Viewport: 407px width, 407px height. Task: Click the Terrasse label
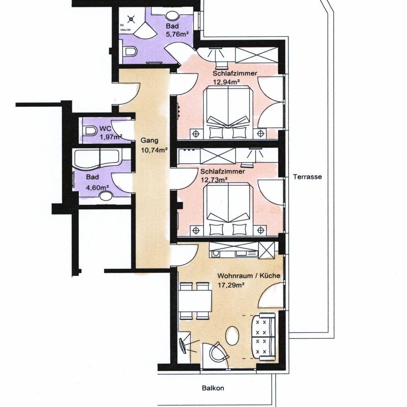[307, 177]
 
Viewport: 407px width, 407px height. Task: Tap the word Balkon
[213, 388]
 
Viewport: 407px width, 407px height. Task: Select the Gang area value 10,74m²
[154, 150]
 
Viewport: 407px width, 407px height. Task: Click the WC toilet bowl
[90, 131]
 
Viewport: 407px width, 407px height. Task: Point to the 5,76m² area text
[177, 34]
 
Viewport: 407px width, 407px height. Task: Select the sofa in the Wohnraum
[263, 337]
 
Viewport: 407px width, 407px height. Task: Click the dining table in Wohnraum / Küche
[195, 301]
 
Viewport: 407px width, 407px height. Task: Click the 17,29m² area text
[231, 285]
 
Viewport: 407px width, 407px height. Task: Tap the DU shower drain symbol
[131, 19]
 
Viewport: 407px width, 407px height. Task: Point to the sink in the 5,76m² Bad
[172, 16]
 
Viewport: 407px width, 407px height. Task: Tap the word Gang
[149, 140]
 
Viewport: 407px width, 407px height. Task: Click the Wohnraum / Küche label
[249, 276]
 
